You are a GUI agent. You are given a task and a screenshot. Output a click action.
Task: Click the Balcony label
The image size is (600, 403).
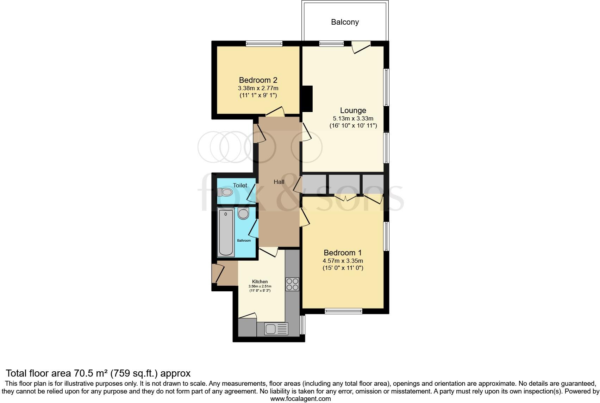(345, 22)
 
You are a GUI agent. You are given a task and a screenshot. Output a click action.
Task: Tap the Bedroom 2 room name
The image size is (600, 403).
(258, 80)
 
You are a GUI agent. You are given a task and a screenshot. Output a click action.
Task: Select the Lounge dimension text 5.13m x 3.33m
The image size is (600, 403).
(353, 119)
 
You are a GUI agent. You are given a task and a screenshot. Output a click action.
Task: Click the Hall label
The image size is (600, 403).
(279, 182)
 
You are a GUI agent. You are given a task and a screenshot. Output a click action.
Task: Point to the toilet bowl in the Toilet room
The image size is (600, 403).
(226, 192)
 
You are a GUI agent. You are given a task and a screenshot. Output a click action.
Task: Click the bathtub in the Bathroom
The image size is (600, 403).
(226, 232)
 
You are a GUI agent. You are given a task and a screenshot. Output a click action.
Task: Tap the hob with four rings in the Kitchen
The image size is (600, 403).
(292, 284)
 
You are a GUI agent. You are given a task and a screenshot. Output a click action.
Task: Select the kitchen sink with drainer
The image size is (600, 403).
(276, 329)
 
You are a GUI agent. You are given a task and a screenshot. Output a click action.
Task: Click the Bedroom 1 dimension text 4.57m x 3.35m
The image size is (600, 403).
(343, 261)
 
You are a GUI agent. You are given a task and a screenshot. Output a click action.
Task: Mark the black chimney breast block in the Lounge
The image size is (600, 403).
(308, 99)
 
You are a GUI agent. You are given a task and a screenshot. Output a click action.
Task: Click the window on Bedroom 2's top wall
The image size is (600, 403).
(264, 44)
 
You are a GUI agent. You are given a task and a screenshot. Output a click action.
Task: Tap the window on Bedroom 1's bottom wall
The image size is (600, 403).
(343, 311)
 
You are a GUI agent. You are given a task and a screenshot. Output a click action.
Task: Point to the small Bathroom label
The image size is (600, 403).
(244, 241)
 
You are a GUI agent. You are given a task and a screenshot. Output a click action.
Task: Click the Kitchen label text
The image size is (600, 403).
(260, 281)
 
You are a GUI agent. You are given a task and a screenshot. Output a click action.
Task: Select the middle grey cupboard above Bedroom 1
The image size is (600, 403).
(344, 184)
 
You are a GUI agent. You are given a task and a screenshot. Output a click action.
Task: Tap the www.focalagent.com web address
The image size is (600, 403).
(300, 399)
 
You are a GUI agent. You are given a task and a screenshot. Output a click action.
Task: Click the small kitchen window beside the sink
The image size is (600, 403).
(302, 324)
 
